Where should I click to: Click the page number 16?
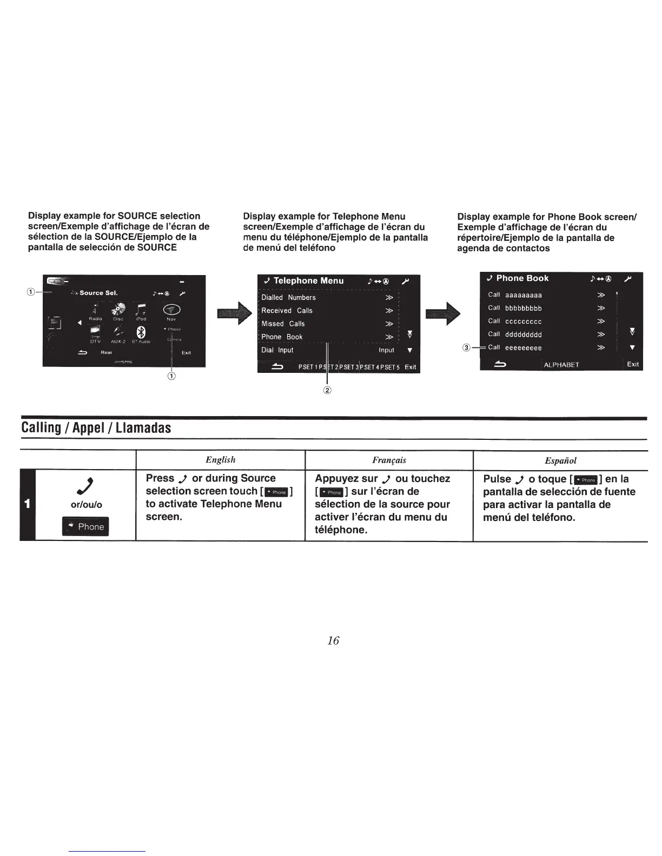click(x=333, y=640)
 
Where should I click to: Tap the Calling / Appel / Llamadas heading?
click(x=96, y=428)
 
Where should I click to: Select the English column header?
click(x=220, y=460)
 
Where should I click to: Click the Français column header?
click(x=389, y=460)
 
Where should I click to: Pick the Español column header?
click(x=560, y=460)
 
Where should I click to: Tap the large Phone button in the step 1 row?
click(x=85, y=526)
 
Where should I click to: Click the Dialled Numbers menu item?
click(x=288, y=298)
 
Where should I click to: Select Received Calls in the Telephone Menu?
click(x=287, y=311)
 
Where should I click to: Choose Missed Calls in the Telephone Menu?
click(x=283, y=324)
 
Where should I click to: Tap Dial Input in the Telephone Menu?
click(x=277, y=350)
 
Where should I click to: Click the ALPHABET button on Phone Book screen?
click(x=561, y=365)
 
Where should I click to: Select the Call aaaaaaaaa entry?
click(x=515, y=295)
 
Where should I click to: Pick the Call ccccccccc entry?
click(x=515, y=321)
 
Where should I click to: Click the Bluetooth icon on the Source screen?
click(x=141, y=332)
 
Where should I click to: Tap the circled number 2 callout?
click(x=327, y=390)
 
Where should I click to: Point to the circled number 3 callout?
click(x=466, y=347)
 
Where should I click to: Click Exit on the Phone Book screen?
click(x=633, y=364)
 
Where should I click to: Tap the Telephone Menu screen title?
click(x=308, y=280)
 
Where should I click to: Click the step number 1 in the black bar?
click(x=27, y=504)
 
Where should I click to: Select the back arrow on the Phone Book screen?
click(x=500, y=365)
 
